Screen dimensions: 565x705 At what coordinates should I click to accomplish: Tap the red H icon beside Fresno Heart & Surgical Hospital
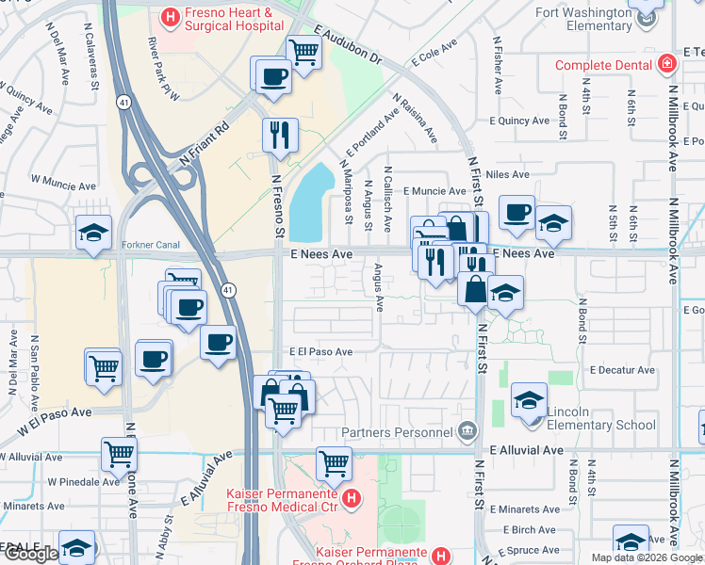[x=171, y=15]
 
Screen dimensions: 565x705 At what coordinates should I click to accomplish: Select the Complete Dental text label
[x=603, y=65]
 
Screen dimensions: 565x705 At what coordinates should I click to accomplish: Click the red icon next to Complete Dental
[x=667, y=64]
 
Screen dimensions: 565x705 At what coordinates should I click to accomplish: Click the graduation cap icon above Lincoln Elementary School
[x=529, y=399]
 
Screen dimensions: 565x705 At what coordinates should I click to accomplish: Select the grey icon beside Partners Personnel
[x=466, y=432]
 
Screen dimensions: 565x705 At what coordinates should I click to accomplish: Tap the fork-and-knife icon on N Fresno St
[x=280, y=135]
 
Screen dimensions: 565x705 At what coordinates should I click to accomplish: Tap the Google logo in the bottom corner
[x=31, y=554]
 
